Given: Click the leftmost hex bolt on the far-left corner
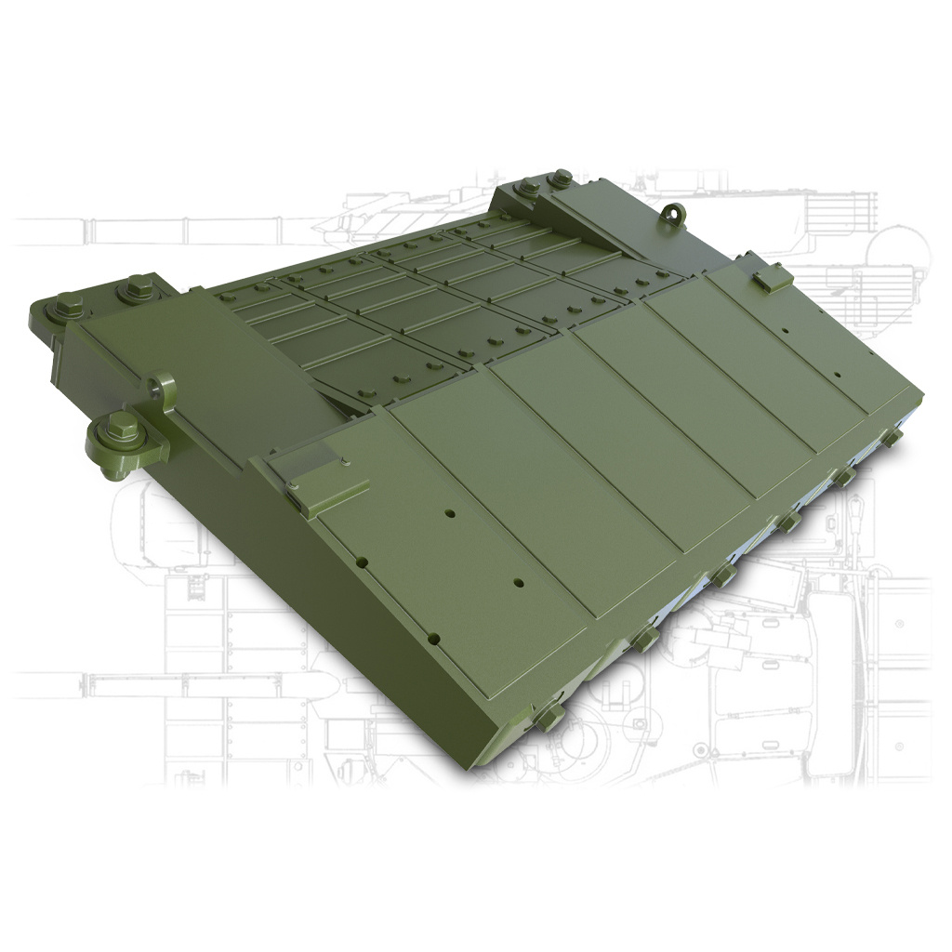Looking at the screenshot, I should pyautogui.click(x=69, y=305).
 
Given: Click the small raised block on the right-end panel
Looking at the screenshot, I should pyautogui.click(x=770, y=275).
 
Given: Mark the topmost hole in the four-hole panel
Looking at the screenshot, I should pyautogui.click(x=449, y=514).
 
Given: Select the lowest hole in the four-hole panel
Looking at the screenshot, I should pyautogui.click(x=433, y=638).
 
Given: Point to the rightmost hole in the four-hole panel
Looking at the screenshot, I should pyautogui.click(x=518, y=584).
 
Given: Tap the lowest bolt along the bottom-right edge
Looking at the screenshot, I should pyautogui.click(x=549, y=714).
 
